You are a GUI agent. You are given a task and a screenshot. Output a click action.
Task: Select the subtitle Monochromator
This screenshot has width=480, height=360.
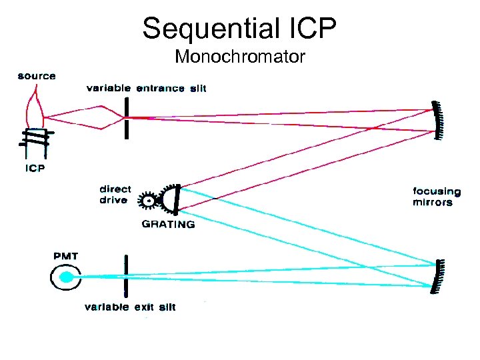(x=240, y=57)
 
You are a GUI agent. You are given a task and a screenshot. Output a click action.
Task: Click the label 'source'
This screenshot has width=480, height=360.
(x=37, y=76)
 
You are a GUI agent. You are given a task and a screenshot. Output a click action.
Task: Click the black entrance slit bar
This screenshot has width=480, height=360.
(x=124, y=118)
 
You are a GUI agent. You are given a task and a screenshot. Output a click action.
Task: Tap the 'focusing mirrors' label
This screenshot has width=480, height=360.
(x=433, y=197)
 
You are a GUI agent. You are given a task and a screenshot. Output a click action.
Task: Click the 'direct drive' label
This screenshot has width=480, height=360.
(x=115, y=195)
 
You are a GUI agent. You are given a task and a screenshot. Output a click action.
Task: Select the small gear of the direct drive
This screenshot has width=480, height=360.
(x=149, y=199)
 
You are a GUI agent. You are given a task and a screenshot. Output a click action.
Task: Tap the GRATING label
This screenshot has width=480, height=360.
(x=169, y=225)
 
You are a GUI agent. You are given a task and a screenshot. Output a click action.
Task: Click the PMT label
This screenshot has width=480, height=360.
(x=66, y=255)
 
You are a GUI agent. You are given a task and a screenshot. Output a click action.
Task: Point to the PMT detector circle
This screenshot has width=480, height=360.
(x=66, y=276)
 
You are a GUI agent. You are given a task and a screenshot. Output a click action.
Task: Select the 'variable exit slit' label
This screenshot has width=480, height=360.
(x=131, y=307)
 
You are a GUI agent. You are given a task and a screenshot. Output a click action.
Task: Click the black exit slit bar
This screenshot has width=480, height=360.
(x=125, y=274)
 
